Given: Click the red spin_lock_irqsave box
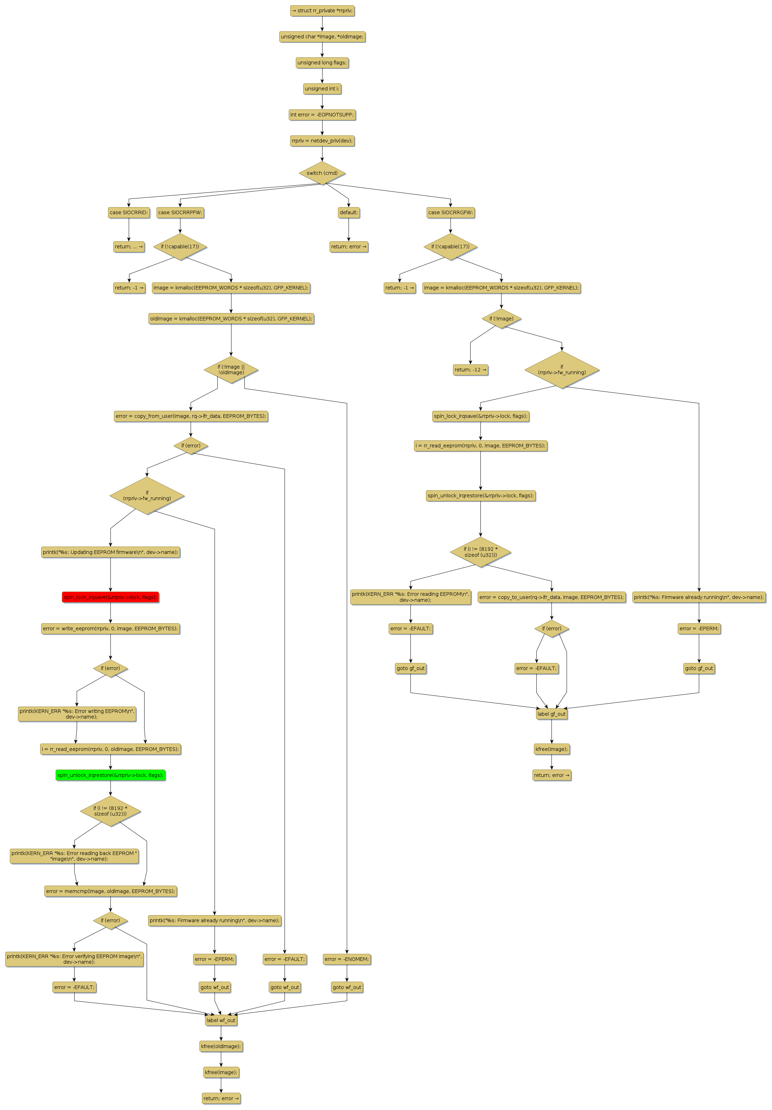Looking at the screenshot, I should click(x=110, y=597).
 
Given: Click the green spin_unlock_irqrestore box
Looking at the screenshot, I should click(x=110, y=775).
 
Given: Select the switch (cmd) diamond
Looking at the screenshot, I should click(x=322, y=173).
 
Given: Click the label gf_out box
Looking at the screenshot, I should click(x=551, y=714).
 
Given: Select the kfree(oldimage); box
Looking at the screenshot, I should click(x=221, y=1046).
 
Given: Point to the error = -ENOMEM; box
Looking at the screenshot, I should click(x=346, y=959).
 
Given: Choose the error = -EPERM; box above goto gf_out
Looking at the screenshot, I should click(x=699, y=629).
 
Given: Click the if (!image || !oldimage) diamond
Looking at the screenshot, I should click(x=231, y=370).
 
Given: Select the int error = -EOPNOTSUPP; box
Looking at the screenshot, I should click(x=322, y=115).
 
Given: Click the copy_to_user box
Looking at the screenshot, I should click(x=551, y=597).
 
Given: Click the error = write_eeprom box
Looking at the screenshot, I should click(x=110, y=629).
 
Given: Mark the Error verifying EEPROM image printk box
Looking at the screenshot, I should click(x=75, y=959).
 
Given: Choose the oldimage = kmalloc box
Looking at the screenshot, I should click(x=231, y=319).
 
